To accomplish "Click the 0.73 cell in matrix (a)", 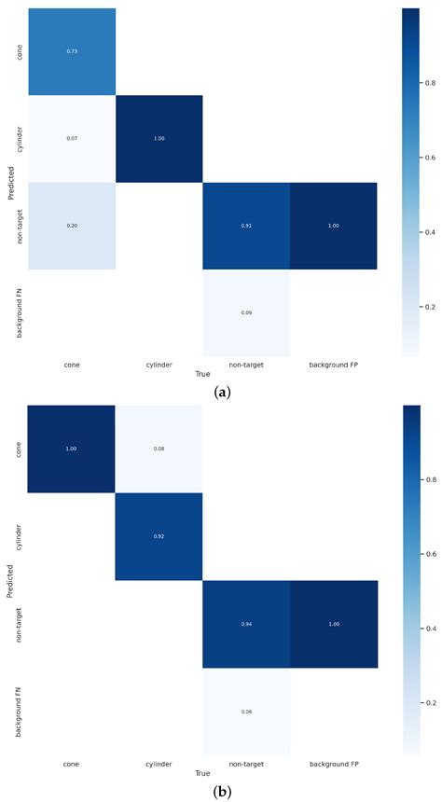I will pyautogui.click(x=71, y=51).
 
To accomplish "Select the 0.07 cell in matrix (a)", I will pyautogui.click(x=71, y=139).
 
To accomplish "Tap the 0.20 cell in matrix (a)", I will pyautogui.click(x=71, y=227).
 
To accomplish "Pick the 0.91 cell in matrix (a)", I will pyautogui.click(x=246, y=227).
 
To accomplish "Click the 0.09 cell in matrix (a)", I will pyautogui.click(x=246, y=313).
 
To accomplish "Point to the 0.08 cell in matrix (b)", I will pyautogui.click(x=159, y=449).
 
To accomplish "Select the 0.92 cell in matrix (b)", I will pyautogui.click(x=159, y=537).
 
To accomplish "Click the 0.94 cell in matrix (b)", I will pyautogui.click(x=246, y=625).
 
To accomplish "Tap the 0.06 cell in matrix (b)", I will pyautogui.click(x=246, y=712).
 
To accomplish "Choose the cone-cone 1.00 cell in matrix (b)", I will pyautogui.click(x=71, y=449).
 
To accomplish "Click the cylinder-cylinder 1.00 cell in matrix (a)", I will pyautogui.click(x=159, y=139).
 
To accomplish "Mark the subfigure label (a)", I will pyautogui.click(x=222, y=393).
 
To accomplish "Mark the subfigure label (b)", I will pyautogui.click(x=222, y=792).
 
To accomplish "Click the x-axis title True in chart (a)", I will pyautogui.click(x=202, y=372).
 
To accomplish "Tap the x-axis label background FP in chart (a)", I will pyautogui.click(x=334, y=365).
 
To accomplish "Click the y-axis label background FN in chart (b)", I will pyautogui.click(x=20, y=712).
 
